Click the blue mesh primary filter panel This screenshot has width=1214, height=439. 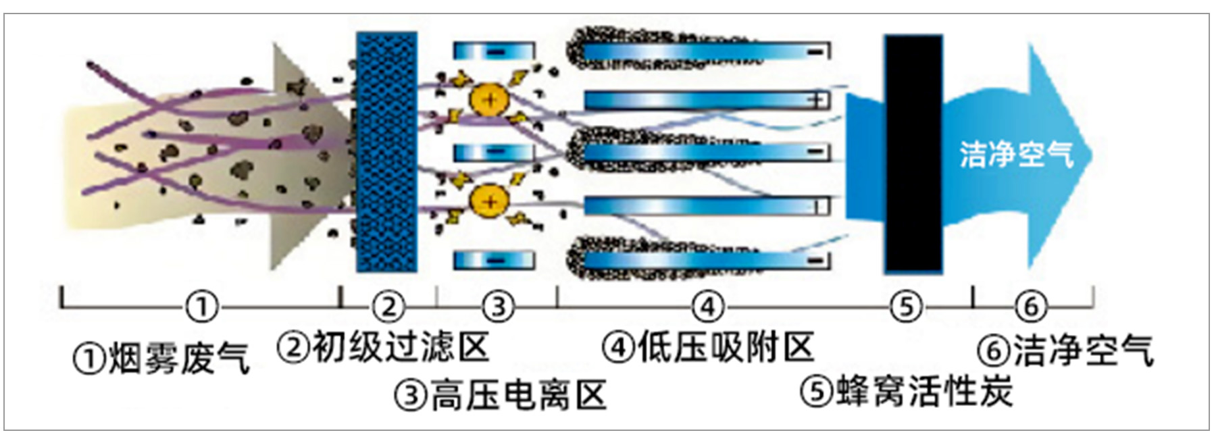point(386,153)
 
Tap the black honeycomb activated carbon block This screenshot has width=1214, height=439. point(913,155)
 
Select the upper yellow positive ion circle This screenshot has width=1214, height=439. point(490,101)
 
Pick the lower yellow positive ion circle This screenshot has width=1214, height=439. point(490,201)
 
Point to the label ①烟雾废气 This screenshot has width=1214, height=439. point(161,358)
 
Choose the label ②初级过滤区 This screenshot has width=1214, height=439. point(383,348)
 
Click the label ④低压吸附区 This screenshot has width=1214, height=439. point(708,348)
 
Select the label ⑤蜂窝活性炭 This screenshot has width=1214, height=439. point(907,391)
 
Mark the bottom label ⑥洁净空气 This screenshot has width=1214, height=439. point(1065,351)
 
